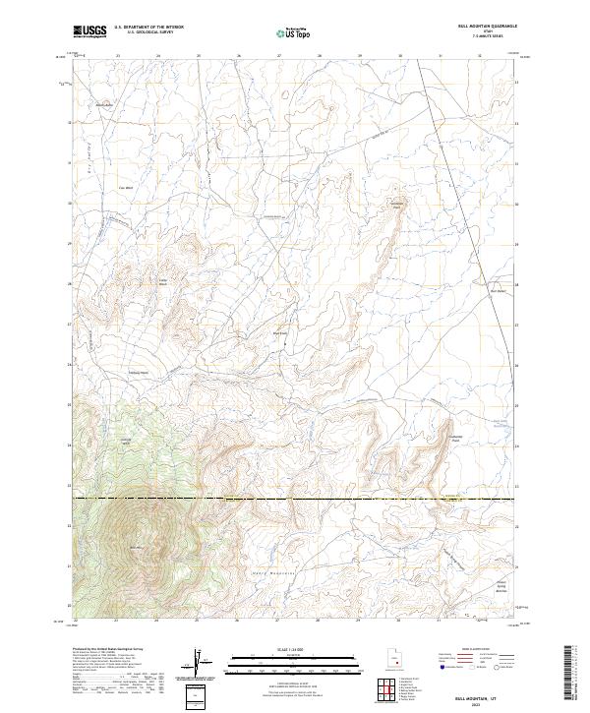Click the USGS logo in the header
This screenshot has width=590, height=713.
pyautogui.click(x=89, y=32)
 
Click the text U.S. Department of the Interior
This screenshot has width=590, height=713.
pyautogui.click(x=148, y=29)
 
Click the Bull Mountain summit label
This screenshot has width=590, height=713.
pyautogui.click(x=137, y=547)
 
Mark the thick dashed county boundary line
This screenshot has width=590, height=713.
pyautogui.click(x=295, y=499)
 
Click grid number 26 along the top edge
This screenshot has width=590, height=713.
pyautogui.click(x=239, y=56)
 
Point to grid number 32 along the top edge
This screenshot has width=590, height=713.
pyautogui.click(x=479, y=56)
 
